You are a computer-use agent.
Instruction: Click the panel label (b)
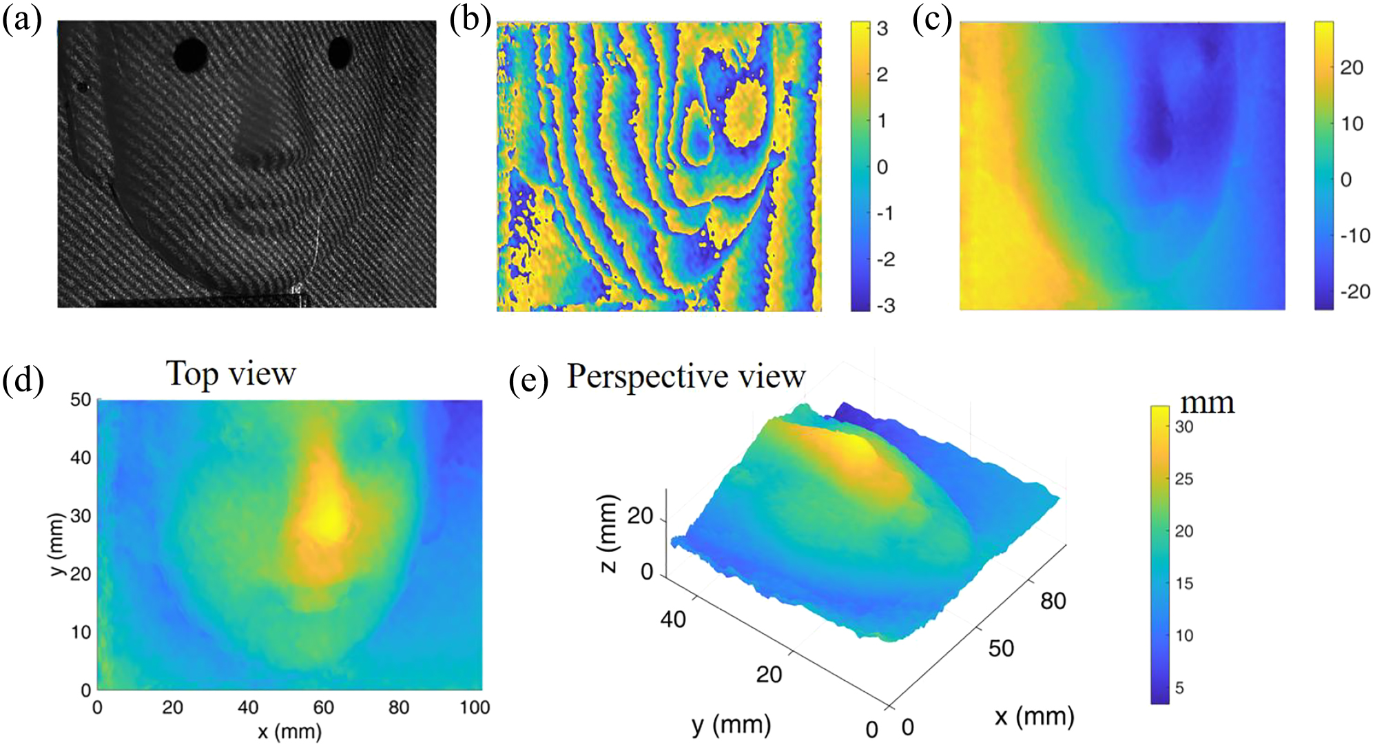click(x=470, y=20)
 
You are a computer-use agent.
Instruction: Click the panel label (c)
click(x=932, y=20)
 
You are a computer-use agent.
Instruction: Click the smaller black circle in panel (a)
click(x=340, y=52)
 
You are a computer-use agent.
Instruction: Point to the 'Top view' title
click(x=231, y=374)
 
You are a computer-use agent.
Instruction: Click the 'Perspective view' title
click(x=686, y=377)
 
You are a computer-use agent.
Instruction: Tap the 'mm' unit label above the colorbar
click(x=1207, y=403)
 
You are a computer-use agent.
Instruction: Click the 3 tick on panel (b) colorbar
click(x=882, y=29)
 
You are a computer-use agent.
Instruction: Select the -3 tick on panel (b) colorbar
click(x=885, y=305)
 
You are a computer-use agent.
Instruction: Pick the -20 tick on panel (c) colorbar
click(x=1354, y=291)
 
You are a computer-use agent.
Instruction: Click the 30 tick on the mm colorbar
click(x=1184, y=427)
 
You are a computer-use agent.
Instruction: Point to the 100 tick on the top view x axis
click(x=475, y=707)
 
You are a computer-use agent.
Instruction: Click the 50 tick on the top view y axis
click(x=81, y=400)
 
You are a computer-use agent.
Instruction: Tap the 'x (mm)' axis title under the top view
click(x=289, y=731)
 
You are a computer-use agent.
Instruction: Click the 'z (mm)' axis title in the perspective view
click(x=608, y=533)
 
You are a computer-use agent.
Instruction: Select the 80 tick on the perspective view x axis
click(x=1053, y=601)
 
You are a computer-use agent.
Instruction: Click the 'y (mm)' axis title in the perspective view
click(x=731, y=725)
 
